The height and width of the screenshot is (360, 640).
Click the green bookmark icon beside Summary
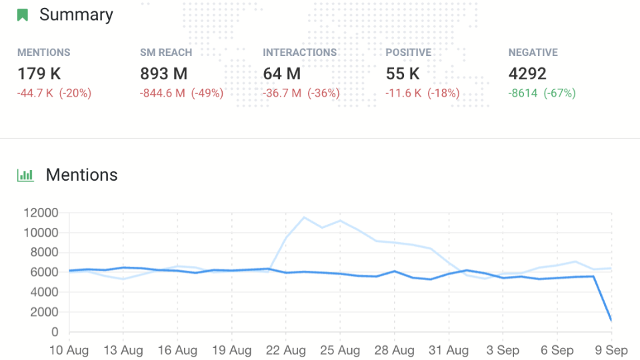click(23, 15)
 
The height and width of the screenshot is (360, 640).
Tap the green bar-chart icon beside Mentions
click(25, 175)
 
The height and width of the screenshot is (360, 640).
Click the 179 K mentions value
click(39, 74)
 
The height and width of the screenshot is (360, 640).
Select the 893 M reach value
click(164, 74)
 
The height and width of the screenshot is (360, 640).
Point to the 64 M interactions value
click(281, 74)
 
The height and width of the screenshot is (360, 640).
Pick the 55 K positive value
click(403, 74)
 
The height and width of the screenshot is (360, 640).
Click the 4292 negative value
click(527, 74)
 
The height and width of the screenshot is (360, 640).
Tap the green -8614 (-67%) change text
click(542, 93)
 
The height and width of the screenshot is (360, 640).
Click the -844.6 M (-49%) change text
click(181, 93)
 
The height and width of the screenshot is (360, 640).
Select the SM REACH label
click(166, 53)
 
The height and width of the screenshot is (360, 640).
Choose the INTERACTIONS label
click(300, 53)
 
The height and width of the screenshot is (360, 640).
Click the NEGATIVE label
click(533, 53)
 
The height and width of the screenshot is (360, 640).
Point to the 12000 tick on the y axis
click(41, 213)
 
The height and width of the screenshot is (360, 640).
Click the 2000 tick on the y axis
click(44, 312)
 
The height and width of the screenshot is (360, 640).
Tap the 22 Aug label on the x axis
click(285, 350)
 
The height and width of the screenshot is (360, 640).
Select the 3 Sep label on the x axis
click(503, 350)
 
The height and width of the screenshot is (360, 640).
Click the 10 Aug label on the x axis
click(69, 350)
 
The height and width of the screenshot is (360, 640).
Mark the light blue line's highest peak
click(304, 217)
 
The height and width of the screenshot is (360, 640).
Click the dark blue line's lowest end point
click(611, 321)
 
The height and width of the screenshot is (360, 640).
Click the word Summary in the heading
click(76, 15)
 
